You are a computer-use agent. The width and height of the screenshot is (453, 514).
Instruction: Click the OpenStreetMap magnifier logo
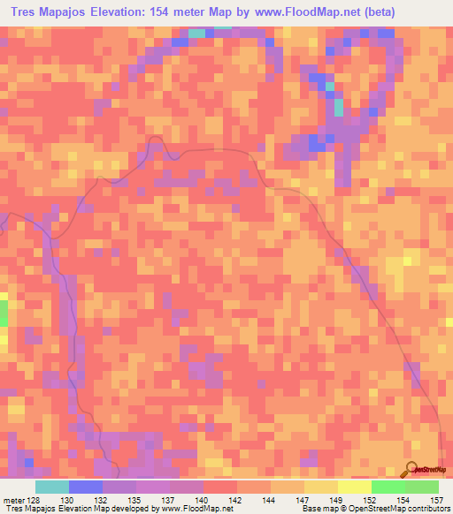coord(413,469)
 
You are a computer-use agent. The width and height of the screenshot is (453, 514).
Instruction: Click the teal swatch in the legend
coord(51,486)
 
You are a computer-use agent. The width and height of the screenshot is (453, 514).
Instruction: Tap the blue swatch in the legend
coord(85,486)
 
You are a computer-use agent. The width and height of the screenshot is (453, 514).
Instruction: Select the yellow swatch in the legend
coord(354,486)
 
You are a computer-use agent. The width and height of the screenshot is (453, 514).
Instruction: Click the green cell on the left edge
coord(3,314)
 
